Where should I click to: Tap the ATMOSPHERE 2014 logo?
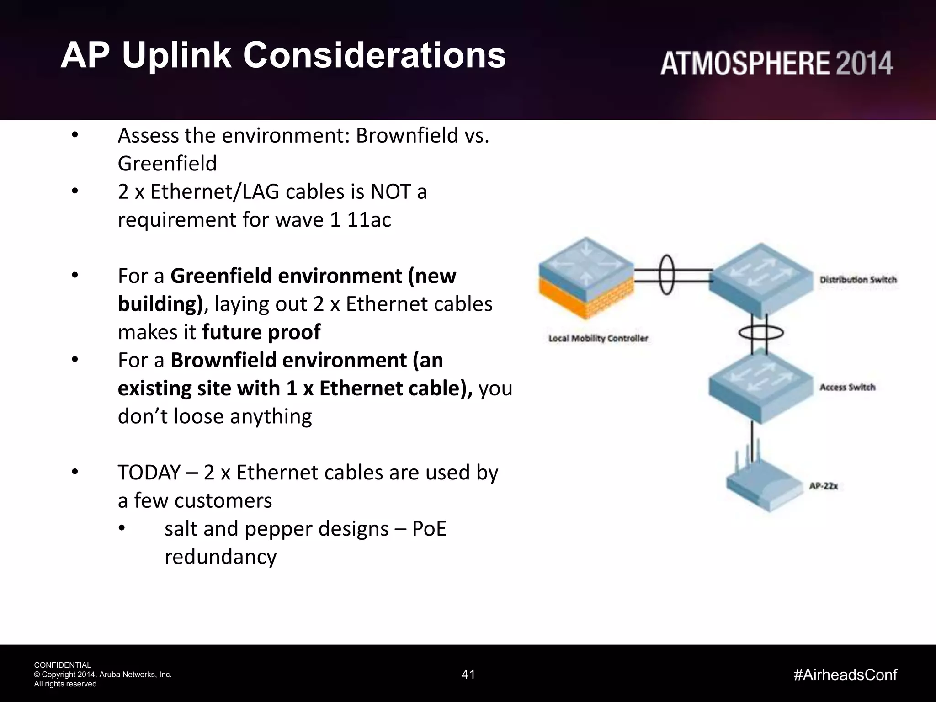pyautogui.click(x=776, y=64)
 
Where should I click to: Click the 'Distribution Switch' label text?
pyautogui.click(x=858, y=280)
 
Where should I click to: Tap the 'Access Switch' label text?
pyautogui.click(x=847, y=388)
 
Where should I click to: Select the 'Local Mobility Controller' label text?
pyautogui.click(x=598, y=339)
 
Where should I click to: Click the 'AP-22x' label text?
pyautogui.click(x=823, y=486)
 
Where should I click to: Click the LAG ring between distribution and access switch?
pyautogui.click(x=761, y=333)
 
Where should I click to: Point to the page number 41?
pyautogui.click(x=468, y=675)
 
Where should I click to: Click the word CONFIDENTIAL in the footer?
pyautogui.click(x=63, y=665)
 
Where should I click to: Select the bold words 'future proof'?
pyautogui.click(x=261, y=332)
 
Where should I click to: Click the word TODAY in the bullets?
pyautogui.click(x=149, y=473)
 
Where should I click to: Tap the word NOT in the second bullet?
pyautogui.click(x=391, y=192)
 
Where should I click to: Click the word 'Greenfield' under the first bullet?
pyautogui.click(x=167, y=164)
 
